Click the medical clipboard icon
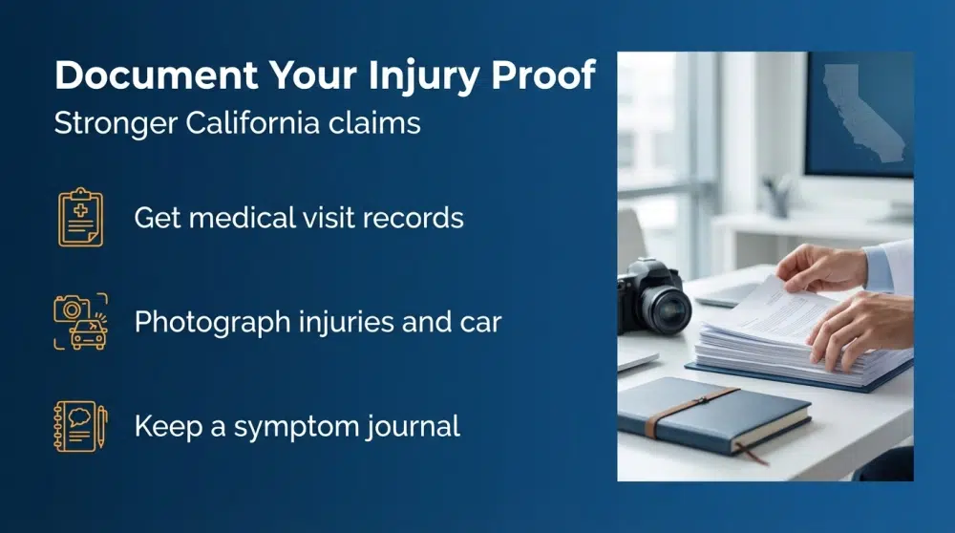tap(80, 218)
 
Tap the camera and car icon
tap(80, 321)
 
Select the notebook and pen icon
tap(80, 425)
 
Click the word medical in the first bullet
tap(257, 218)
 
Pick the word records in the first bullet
tap(416, 218)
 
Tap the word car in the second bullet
tap(480, 322)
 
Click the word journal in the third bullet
tap(413, 425)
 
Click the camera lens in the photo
tap(668, 309)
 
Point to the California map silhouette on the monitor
tap(864, 110)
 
